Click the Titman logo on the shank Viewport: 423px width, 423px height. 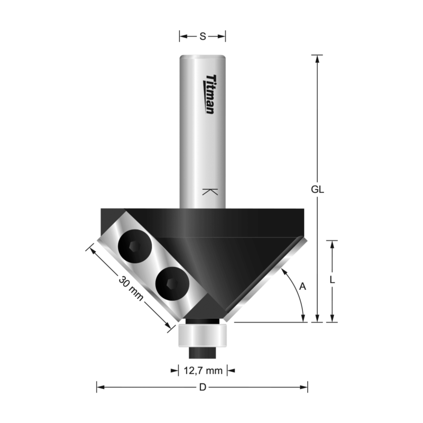pyautogui.click(x=210, y=94)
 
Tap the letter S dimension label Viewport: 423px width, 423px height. pyautogui.click(x=203, y=36)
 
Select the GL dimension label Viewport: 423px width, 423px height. pyautogui.click(x=317, y=189)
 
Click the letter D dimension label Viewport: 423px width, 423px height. pyautogui.click(x=202, y=388)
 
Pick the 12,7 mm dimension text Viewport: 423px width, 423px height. pyautogui.click(x=203, y=370)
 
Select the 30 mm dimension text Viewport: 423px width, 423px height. pyautogui.click(x=131, y=289)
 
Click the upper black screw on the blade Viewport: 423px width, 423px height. pyautogui.click(x=133, y=247)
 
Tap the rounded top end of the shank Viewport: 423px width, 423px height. pyautogui.click(x=203, y=57)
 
